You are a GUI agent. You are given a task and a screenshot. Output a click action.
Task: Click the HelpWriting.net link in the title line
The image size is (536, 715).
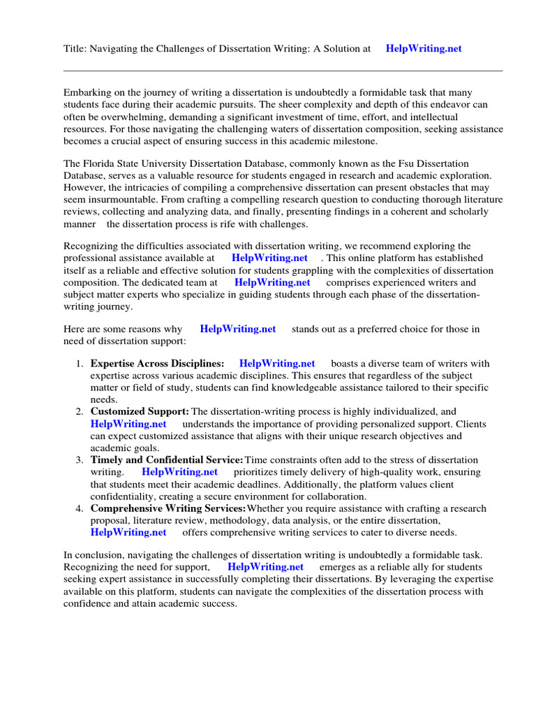424,49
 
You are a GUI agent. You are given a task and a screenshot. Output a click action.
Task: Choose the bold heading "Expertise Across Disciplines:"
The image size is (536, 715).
157,363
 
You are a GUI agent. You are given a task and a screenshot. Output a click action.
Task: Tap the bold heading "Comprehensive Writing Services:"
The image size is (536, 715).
168,508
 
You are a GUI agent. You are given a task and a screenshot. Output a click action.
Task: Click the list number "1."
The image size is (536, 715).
80,363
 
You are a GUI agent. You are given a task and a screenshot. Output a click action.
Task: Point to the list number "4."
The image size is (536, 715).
80,508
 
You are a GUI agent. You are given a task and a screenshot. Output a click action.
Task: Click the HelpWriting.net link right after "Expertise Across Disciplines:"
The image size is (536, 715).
277,363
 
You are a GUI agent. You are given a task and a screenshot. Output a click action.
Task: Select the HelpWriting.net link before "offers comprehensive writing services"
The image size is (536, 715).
128,532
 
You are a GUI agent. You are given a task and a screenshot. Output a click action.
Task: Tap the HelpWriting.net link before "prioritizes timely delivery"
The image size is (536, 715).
179,472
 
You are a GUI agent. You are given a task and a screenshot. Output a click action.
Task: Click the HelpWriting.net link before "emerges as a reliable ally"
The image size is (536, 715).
266,567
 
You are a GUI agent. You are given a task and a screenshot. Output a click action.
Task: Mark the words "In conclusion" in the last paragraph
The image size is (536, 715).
94,555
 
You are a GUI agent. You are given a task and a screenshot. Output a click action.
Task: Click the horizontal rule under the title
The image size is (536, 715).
283,71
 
